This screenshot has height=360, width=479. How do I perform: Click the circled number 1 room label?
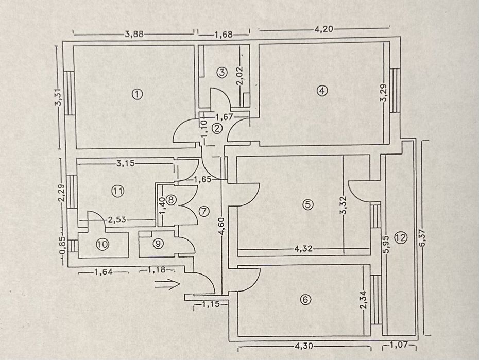[136, 94]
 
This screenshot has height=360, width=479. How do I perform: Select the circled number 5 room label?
[307, 204]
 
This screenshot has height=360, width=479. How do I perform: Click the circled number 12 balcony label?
[401, 237]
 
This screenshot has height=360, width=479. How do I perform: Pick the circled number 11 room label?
[118, 191]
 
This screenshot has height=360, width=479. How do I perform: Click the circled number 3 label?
[221, 73]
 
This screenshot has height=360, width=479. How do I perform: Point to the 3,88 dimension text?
[134, 35]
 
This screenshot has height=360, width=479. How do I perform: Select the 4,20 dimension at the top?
[324, 29]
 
